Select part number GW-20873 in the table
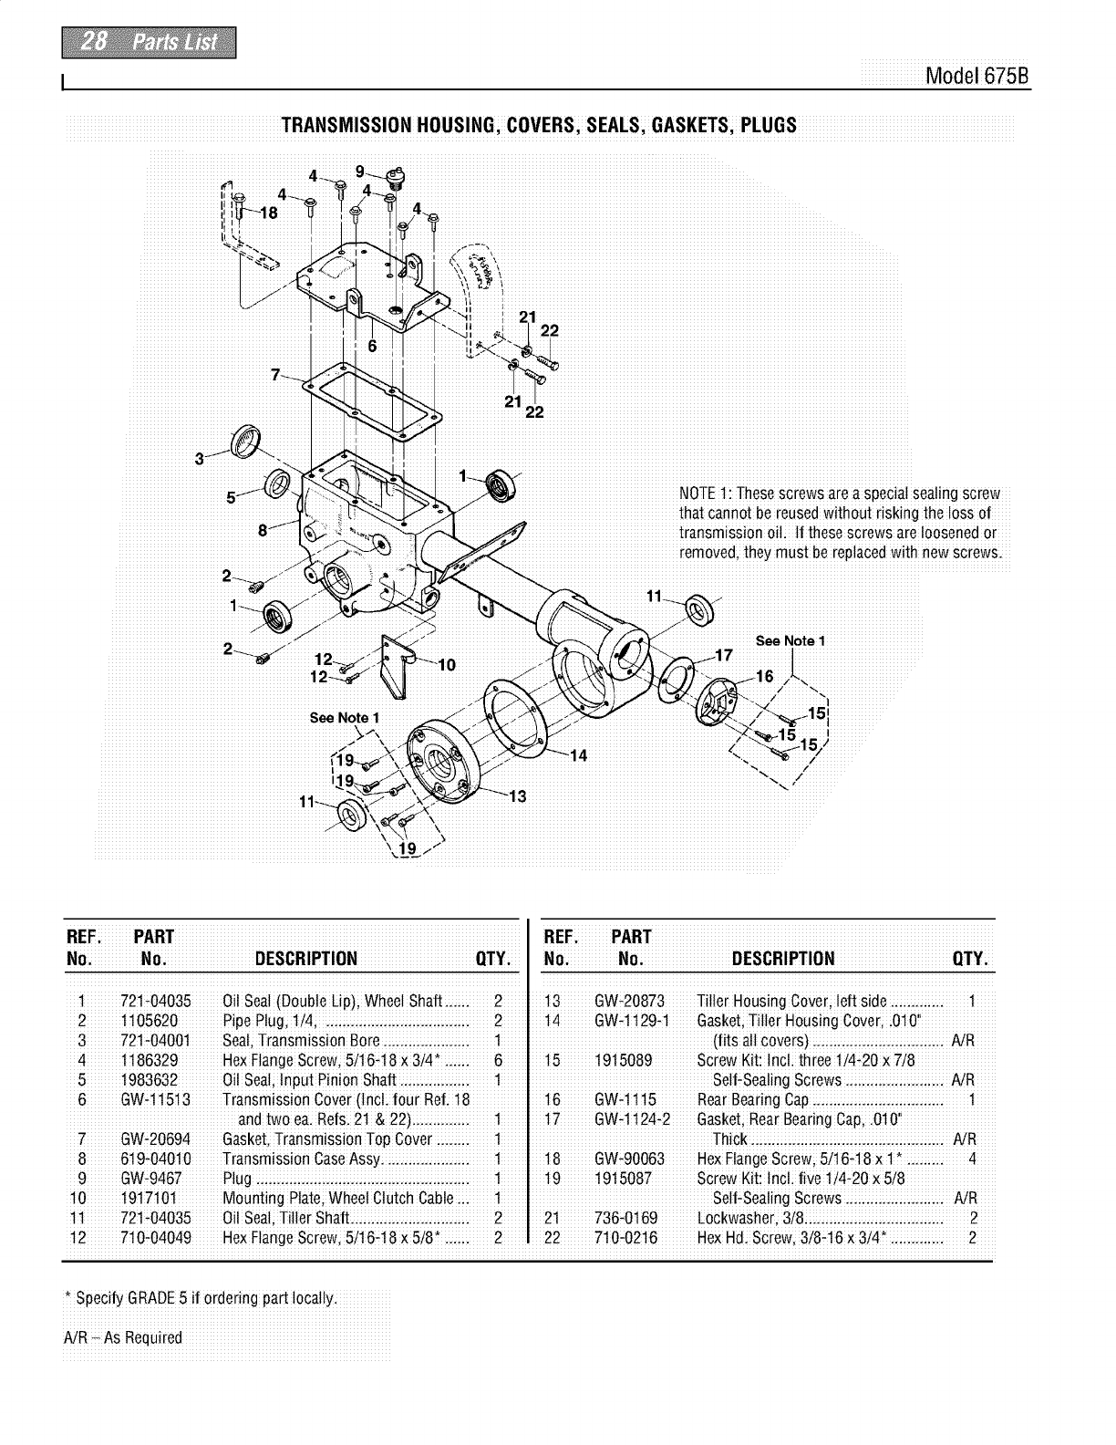628,1001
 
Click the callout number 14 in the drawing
578,754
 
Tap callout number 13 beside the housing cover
517,796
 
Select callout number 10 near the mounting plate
447,664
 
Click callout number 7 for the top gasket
275,373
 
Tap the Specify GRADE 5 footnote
201,1297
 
